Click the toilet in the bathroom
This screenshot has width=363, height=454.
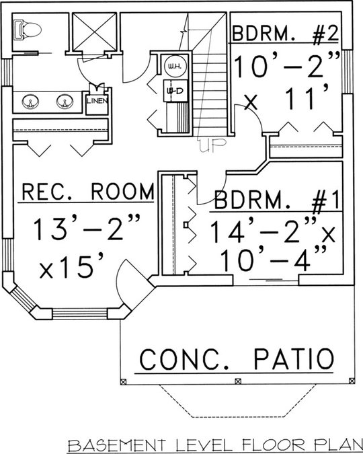28,29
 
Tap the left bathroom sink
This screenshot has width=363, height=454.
30,102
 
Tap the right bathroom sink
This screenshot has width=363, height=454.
65,102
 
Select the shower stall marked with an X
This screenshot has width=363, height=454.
94,32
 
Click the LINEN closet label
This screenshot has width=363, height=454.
97,101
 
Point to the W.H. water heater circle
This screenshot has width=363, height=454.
175,67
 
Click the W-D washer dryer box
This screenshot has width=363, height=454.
175,91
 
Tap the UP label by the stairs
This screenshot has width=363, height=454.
213,145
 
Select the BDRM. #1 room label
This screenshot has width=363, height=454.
276,200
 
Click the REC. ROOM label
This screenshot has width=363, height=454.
87,192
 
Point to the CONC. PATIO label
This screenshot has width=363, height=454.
236,359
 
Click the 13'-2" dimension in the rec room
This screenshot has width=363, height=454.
87,229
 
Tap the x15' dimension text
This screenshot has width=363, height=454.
71,265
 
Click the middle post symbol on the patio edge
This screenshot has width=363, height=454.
238,381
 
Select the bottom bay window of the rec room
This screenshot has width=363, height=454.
80,314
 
